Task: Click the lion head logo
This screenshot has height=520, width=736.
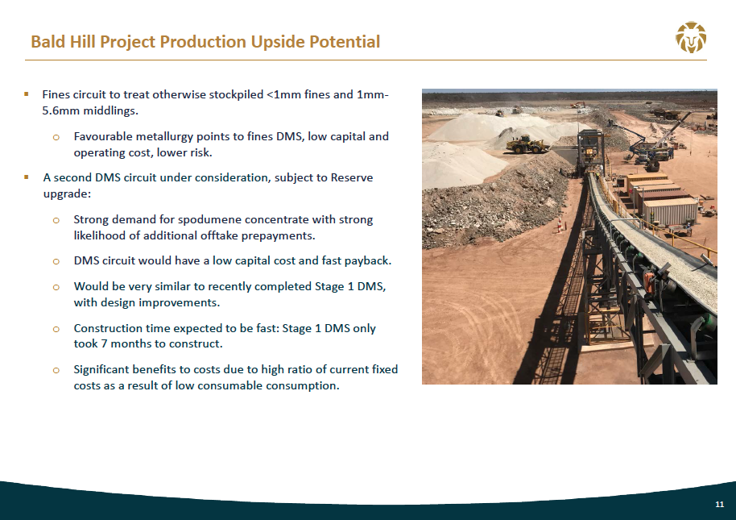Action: [691, 37]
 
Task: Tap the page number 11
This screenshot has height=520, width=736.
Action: [720, 505]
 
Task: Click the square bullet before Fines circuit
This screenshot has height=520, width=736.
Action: [27, 94]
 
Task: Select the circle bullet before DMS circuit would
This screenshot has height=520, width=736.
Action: [56, 262]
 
